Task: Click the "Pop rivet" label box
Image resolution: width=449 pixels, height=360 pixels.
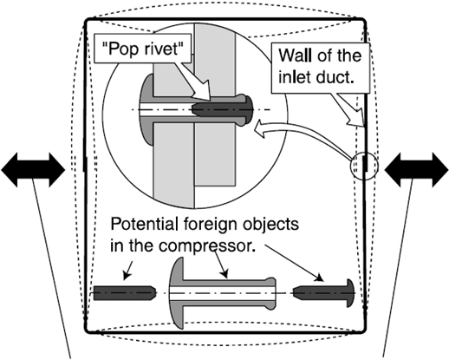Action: (x=143, y=49)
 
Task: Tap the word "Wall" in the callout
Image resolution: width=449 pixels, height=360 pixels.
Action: (x=295, y=56)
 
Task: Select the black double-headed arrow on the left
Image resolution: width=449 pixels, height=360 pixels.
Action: (x=33, y=170)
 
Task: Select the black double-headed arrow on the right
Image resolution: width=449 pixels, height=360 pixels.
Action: (x=416, y=170)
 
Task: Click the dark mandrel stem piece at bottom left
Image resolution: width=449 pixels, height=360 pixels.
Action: (x=125, y=293)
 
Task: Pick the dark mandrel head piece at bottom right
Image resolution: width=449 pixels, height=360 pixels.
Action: (x=323, y=293)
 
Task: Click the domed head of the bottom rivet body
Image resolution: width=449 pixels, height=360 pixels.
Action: (x=176, y=293)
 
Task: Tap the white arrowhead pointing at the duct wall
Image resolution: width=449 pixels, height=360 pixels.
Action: (x=355, y=118)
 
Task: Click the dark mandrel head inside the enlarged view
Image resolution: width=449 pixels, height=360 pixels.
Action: (x=223, y=109)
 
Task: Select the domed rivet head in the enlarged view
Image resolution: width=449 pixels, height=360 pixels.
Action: (x=146, y=109)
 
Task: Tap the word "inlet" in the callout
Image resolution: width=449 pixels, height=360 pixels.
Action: (x=295, y=77)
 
